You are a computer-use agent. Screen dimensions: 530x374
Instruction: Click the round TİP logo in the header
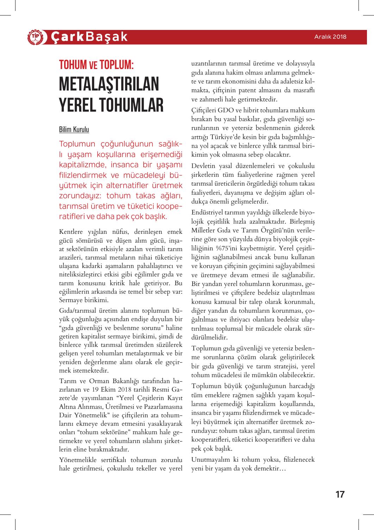click(35, 37)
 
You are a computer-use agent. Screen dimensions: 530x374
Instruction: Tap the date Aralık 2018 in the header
click(331, 37)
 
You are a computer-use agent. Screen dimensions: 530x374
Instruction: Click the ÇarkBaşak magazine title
click(89, 37)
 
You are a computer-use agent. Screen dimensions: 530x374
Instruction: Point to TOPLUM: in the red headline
click(117, 64)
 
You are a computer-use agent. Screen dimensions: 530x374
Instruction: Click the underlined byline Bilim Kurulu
click(74, 129)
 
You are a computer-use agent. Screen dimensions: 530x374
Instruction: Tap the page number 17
click(340, 494)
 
